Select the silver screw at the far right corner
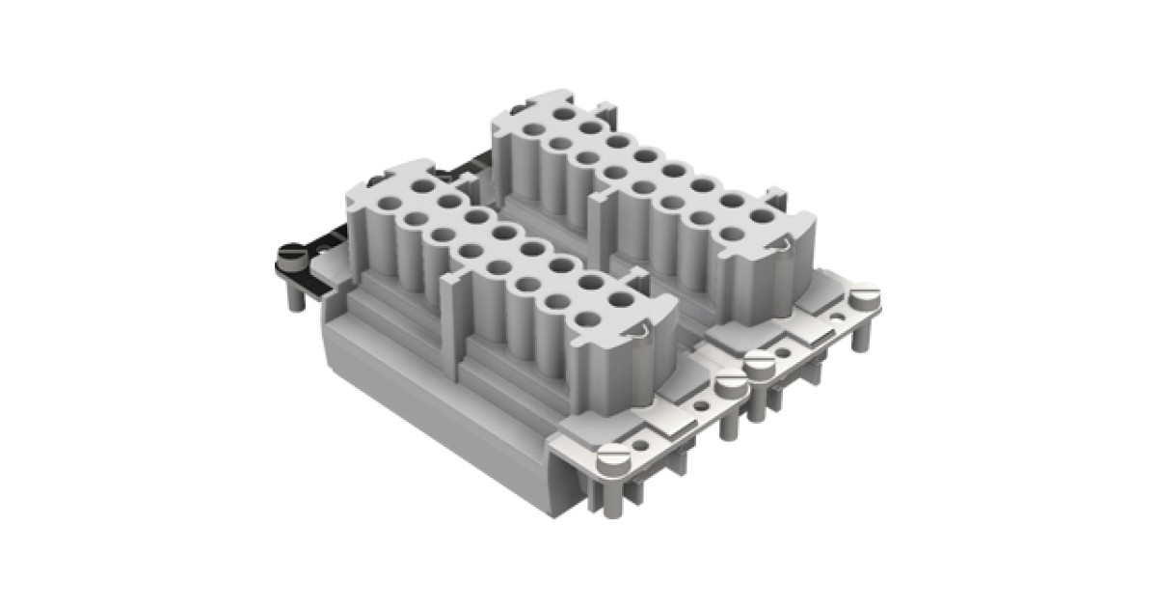pyautogui.click(x=866, y=293)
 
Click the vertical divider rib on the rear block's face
pyautogui.click(x=596, y=227)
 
